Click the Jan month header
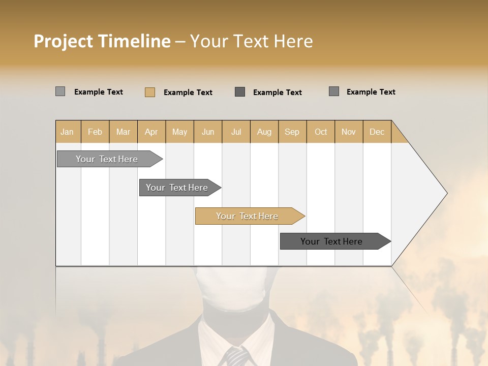coord(67,132)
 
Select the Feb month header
coord(95,132)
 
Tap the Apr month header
coord(151,132)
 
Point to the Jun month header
coord(208,132)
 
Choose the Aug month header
coord(264,132)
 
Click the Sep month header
coord(292,132)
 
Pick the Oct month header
coord(321,132)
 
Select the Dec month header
coord(377,132)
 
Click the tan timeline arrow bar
coord(249,216)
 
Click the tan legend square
coord(150,92)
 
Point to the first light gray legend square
coord(60,91)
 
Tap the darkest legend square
coord(240,92)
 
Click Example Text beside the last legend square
coord(371,92)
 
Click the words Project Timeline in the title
coord(102,41)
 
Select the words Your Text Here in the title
coord(251,41)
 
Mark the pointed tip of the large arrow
coord(446,193)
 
